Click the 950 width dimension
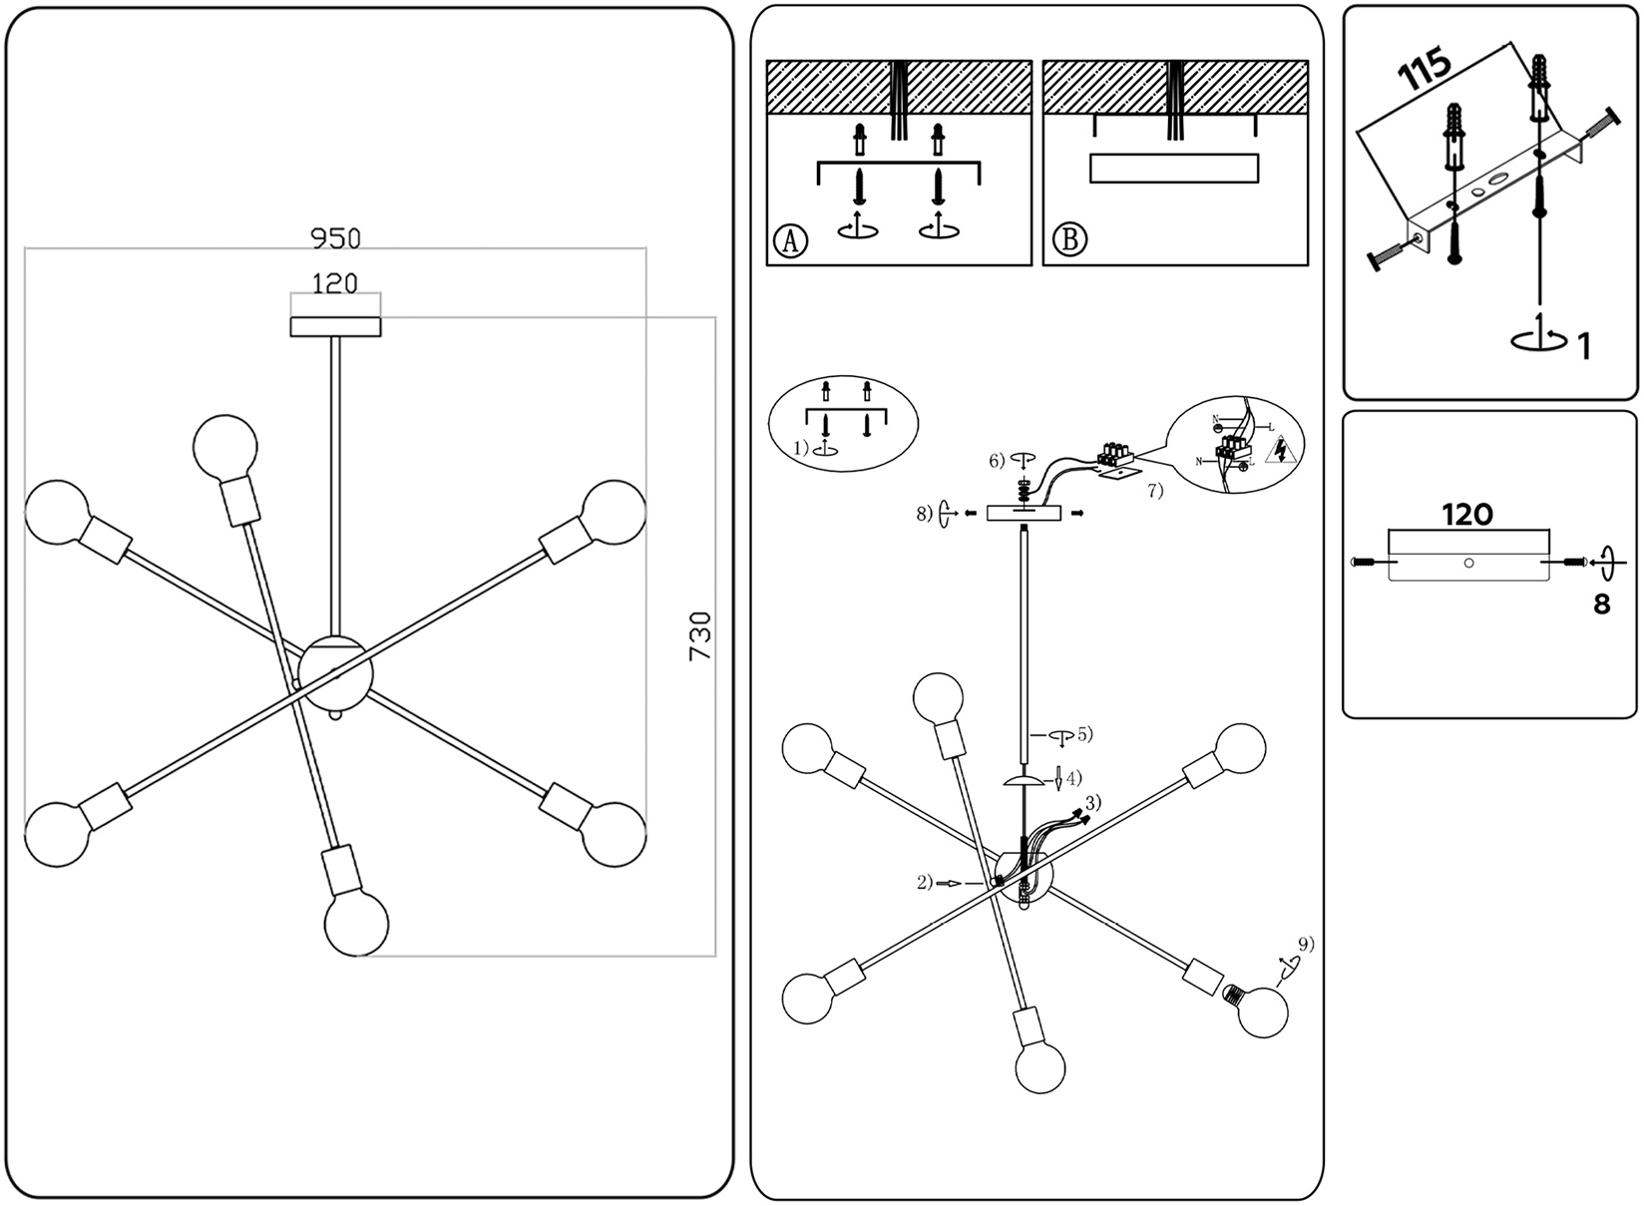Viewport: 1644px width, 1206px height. (x=335, y=238)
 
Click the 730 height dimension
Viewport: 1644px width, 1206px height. (x=701, y=636)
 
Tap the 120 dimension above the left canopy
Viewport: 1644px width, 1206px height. (x=335, y=284)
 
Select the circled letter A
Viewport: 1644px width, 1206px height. (x=790, y=240)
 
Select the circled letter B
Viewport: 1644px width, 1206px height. (x=1069, y=240)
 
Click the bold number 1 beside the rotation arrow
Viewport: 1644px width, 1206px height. (x=1584, y=345)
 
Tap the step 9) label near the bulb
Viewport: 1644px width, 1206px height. (x=1306, y=944)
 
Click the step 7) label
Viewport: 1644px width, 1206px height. (x=1154, y=491)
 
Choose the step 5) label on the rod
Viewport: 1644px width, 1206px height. (x=1084, y=734)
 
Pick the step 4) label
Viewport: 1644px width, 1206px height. (x=1073, y=778)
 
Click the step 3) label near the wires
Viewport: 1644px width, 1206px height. (x=1094, y=802)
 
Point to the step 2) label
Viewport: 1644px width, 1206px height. (x=925, y=882)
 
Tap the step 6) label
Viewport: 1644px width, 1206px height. (x=997, y=461)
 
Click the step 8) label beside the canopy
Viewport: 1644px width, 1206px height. (x=924, y=514)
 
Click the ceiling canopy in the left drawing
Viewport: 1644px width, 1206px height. (x=335, y=326)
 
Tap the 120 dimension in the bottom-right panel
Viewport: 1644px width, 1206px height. (x=1467, y=515)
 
